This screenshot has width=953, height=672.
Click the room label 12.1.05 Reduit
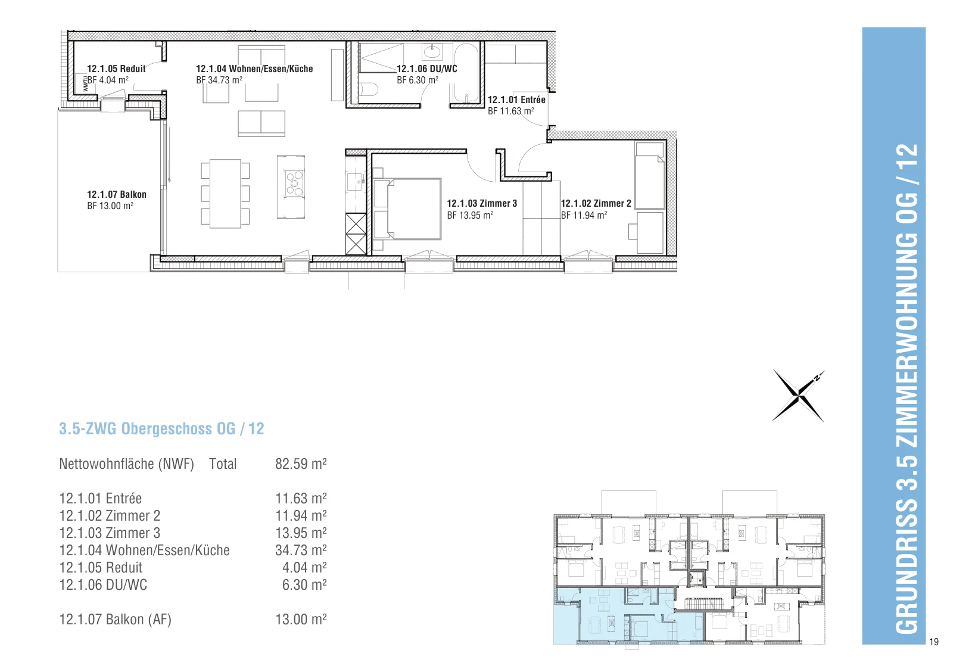click(116, 69)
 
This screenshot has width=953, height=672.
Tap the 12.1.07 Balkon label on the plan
click(117, 194)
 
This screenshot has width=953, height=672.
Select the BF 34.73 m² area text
click(219, 80)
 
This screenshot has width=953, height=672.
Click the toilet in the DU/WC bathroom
click(369, 90)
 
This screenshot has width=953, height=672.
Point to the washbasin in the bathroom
click(432, 52)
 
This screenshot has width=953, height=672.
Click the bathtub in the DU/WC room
click(466, 72)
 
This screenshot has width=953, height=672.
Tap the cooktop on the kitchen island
click(294, 183)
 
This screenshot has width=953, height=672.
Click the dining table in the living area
click(226, 194)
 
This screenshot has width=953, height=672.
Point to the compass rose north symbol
click(799, 396)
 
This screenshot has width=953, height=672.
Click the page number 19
click(933, 642)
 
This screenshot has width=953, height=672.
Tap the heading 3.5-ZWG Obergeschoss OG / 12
click(161, 428)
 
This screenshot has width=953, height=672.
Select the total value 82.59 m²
click(301, 463)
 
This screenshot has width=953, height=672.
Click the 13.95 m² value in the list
click(301, 533)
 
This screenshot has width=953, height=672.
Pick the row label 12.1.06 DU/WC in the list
click(103, 585)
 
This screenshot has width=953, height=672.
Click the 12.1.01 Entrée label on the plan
click(516, 99)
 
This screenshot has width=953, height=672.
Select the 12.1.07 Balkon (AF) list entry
click(115, 620)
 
